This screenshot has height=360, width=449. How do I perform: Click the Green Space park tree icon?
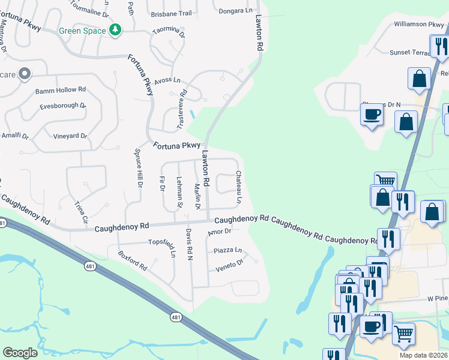point(115,30)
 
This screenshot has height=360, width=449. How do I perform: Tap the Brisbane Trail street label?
point(171,13)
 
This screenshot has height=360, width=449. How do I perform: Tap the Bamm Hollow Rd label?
point(61,90)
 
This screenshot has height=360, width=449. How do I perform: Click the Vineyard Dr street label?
point(68,136)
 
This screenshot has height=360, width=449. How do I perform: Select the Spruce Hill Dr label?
point(138,169)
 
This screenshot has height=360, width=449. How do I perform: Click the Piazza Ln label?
point(228,250)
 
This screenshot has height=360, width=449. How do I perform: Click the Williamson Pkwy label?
point(418,25)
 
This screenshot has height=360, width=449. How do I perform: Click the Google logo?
point(20,353)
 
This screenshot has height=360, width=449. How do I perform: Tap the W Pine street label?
point(438,298)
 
